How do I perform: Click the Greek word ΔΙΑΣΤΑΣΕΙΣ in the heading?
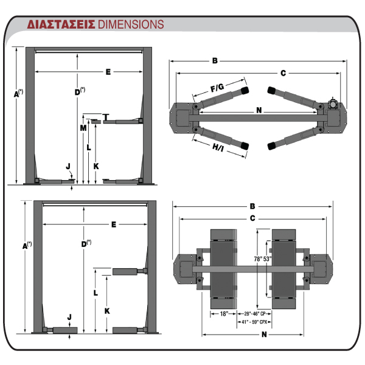(61, 24)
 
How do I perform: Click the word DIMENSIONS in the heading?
(131, 24)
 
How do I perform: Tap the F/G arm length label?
(217, 88)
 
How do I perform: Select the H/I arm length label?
(218, 147)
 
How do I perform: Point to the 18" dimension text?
(224, 314)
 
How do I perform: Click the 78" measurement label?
(258, 259)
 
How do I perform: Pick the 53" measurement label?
(268, 259)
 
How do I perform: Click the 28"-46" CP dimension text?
(255, 314)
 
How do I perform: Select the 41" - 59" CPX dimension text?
(254, 322)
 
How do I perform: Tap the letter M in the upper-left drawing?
(83, 128)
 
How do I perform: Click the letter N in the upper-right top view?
(259, 110)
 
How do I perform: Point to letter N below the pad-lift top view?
(264, 335)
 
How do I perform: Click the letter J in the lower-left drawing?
(69, 317)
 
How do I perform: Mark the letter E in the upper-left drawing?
(108, 72)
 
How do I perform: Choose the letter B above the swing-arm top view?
(215, 61)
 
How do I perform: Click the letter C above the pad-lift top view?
(252, 218)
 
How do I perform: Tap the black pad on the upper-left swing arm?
(245, 91)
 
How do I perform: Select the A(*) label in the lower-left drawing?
(27, 245)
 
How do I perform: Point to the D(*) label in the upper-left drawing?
(80, 91)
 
